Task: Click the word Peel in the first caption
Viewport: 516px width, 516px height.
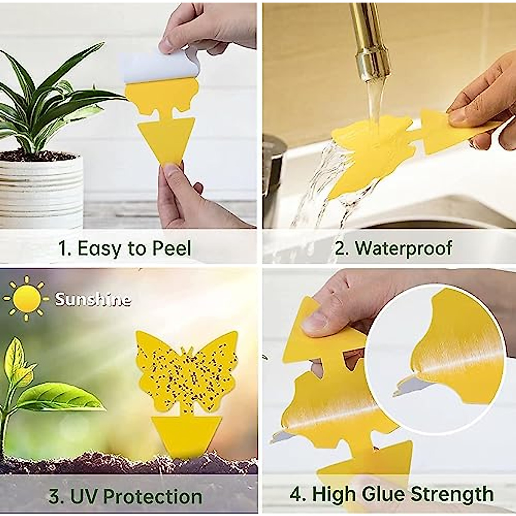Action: (171, 249)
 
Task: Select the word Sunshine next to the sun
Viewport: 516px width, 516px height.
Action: (93, 299)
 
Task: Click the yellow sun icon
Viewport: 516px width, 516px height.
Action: (25, 298)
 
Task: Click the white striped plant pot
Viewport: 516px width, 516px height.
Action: (41, 189)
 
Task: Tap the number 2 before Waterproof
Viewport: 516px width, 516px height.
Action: (341, 249)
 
